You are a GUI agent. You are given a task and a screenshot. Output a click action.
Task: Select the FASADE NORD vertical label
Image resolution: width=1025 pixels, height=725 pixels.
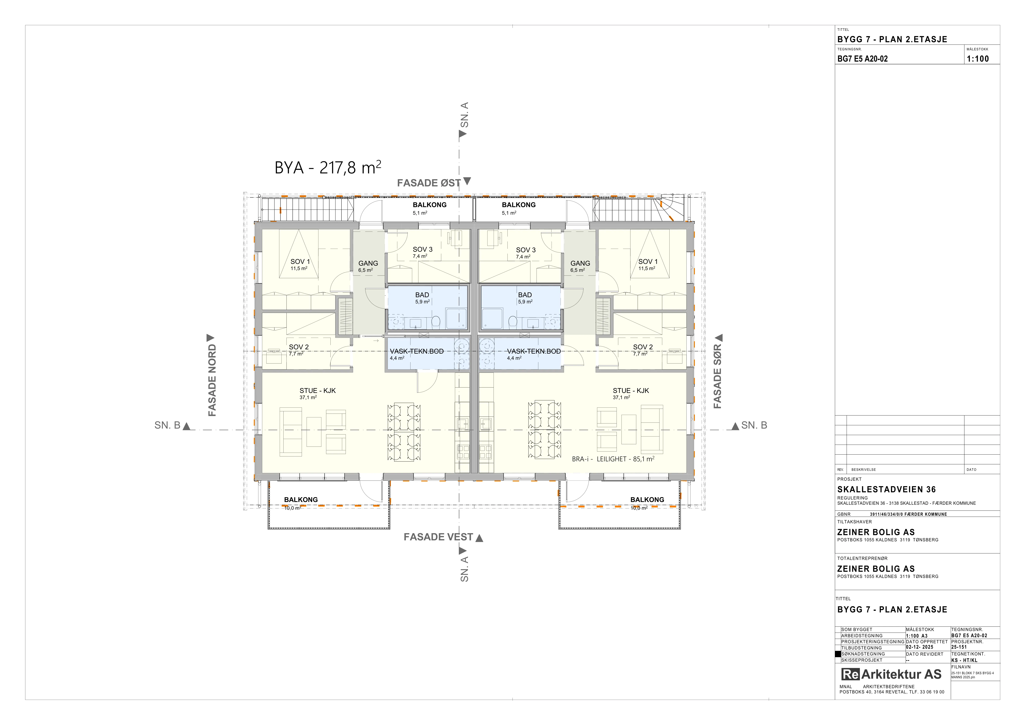click(x=212, y=380)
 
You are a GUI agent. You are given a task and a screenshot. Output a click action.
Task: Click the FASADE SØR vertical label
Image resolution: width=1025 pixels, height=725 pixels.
click(x=717, y=377)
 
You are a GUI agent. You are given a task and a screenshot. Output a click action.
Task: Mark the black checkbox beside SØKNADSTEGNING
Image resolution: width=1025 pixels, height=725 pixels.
click(x=838, y=654)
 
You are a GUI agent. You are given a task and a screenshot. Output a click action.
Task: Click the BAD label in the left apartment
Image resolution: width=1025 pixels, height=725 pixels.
click(x=422, y=295)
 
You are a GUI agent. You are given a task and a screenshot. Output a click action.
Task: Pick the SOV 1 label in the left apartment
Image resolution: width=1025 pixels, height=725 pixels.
click(x=300, y=262)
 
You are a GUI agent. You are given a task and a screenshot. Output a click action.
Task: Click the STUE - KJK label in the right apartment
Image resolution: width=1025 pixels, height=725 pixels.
click(x=631, y=391)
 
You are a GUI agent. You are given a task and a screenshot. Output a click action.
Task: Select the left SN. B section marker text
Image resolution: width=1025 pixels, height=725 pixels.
click(x=167, y=425)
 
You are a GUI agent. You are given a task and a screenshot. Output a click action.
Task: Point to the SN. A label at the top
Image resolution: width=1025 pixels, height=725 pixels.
click(x=465, y=115)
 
